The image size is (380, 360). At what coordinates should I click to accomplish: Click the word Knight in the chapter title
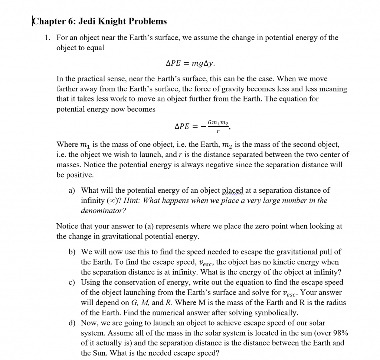pyautogui.click(x=112, y=22)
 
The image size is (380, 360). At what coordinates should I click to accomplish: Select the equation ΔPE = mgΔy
pyautogui.click(x=190, y=63)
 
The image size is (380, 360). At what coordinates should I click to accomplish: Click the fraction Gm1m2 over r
pyautogui.click(x=218, y=126)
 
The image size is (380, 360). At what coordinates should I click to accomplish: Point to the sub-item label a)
pyautogui.click(x=72, y=191)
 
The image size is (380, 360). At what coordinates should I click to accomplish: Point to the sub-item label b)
pyautogui.click(x=72, y=252)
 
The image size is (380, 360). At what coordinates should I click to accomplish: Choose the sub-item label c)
pyautogui.click(x=72, y=282)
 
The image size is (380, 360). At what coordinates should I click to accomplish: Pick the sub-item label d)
pyautogui.click(x=72, y=323)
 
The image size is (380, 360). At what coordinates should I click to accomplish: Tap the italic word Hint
pyautogui.click(x=131, y=201)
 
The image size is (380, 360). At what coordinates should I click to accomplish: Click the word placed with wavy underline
pyautogui.click(x=232, y=191)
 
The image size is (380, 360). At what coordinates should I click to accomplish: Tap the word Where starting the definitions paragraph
pyautogui.click(x=66, y=145)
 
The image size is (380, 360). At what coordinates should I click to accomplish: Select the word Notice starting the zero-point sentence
pyautogui.click(x=67, y=226)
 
